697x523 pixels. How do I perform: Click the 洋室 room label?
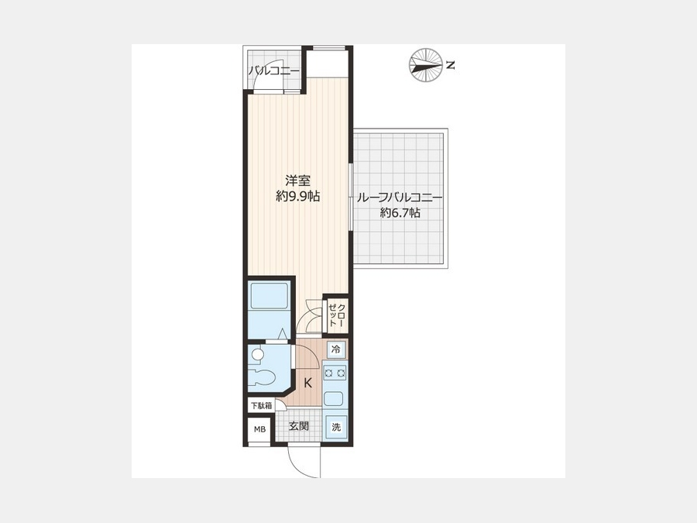tap(298, 181)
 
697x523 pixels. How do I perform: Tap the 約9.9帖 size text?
tap(298, 196)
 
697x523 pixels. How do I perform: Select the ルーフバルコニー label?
tap(399, 198)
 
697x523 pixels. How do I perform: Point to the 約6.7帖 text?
tap(400, 213)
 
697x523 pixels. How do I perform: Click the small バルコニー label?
tap(274, 71)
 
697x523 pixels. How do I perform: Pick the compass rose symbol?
tap(425, 65)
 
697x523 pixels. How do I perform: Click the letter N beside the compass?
tap(450, 65)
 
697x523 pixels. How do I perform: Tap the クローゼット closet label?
tap(337, 315)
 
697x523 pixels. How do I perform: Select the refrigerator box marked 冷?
tap(337, 349)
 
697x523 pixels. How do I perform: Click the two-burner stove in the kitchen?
tap(335, 373)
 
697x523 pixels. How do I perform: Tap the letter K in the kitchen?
tap(307, 383)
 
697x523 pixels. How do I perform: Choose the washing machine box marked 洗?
tap(337, 427)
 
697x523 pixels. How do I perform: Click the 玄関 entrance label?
tap(299, 426)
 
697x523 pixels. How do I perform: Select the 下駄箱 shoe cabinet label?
tap(262, 405)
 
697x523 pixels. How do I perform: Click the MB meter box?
tap(259, 429)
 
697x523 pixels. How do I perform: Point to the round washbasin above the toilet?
tap(257, 354)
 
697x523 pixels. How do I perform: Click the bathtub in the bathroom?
tap(269, 296)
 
